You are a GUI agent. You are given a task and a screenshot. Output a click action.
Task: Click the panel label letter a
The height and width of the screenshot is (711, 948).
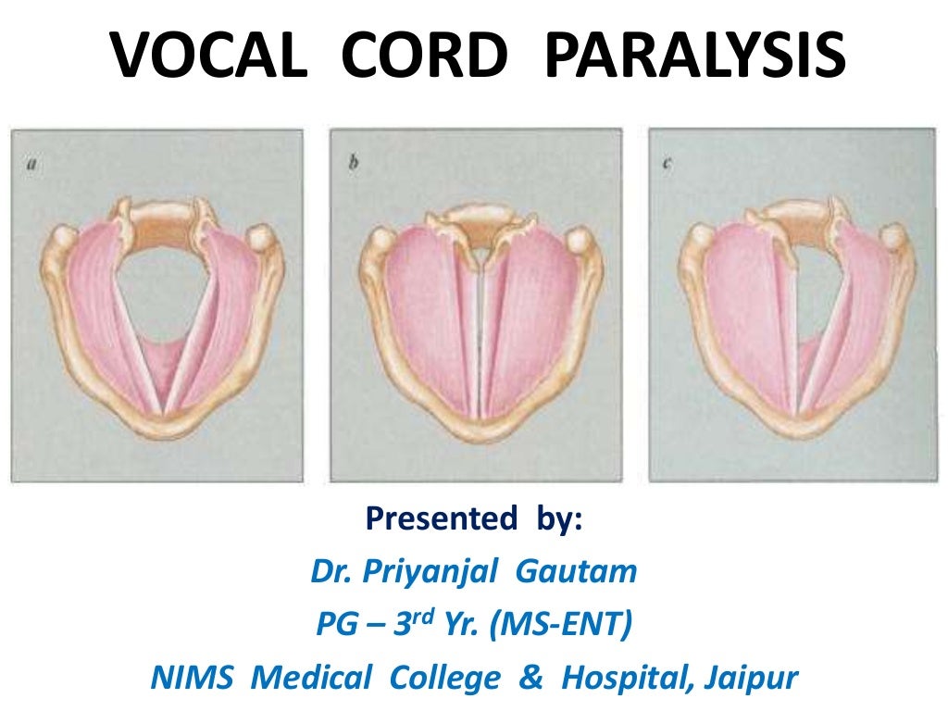[x=32, y=165]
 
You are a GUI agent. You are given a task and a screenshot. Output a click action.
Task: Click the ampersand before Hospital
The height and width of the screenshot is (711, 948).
[x=530, y=679]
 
